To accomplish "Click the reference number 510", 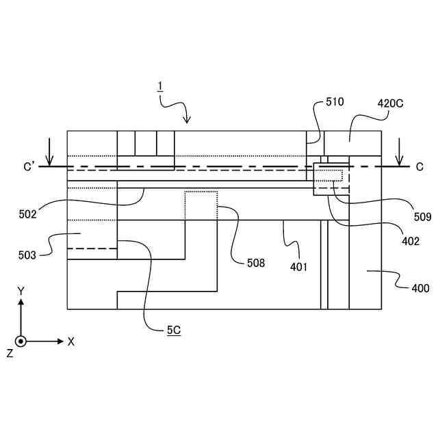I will click(334, 102).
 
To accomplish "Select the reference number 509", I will click(422, 217).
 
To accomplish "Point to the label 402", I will click(411, 241).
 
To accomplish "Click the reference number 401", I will click(298, 266).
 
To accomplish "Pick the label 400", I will click(420, 288).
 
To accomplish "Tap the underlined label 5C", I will click(173, 330).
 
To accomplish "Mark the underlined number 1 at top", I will click(159, 86).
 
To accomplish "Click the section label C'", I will click(29, 166).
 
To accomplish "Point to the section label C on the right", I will click(419, 166).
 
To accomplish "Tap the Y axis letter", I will click(21, 291).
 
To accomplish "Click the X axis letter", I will click(70, 341).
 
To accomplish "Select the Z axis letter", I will click(10, 353).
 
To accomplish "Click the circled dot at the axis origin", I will click(21, 341).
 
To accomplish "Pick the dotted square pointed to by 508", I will click(201, 205).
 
